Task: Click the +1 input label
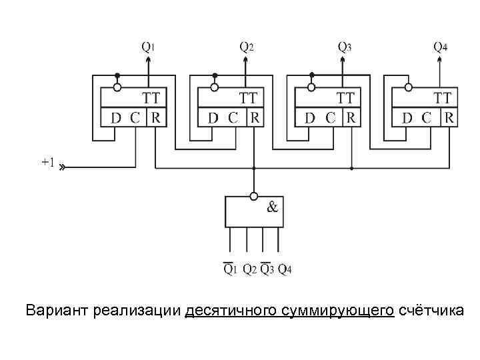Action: [48, 162]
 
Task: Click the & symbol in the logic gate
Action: [273, 207]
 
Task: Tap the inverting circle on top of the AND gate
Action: [253, 196]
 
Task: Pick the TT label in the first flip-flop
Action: [151, 98]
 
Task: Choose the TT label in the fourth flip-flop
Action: [443, 98]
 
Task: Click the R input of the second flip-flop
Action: [255, 118]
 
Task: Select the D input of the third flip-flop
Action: [310, 118]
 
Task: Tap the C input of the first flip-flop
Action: [135, 118]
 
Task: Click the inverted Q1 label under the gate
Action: [229, 269]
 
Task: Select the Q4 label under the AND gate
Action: [285, 269]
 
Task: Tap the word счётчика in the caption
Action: [427, 311]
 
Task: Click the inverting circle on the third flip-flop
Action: [311, 87]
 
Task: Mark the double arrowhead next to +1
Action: [62, 168]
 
